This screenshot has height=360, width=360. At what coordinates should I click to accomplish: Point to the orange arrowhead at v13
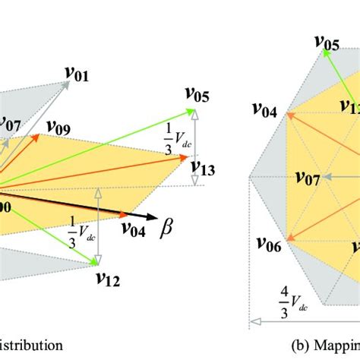pos(183,157)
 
